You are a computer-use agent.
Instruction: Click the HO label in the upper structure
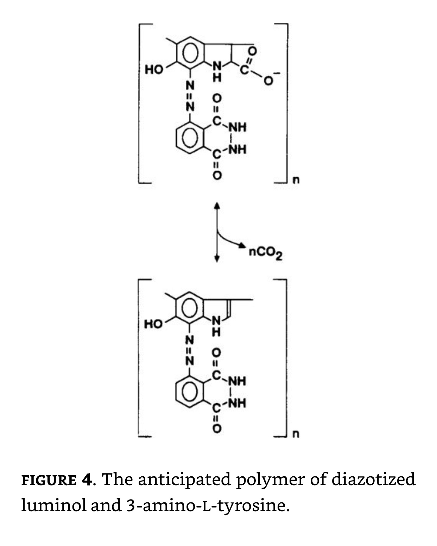point(154,70)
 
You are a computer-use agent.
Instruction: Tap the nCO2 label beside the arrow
point(265,253)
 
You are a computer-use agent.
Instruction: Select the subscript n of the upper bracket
point(296,180)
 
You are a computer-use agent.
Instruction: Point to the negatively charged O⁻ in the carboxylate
point(269,80)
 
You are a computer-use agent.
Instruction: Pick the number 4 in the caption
point(87,480)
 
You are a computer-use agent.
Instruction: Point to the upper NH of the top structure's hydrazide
point(237,127)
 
